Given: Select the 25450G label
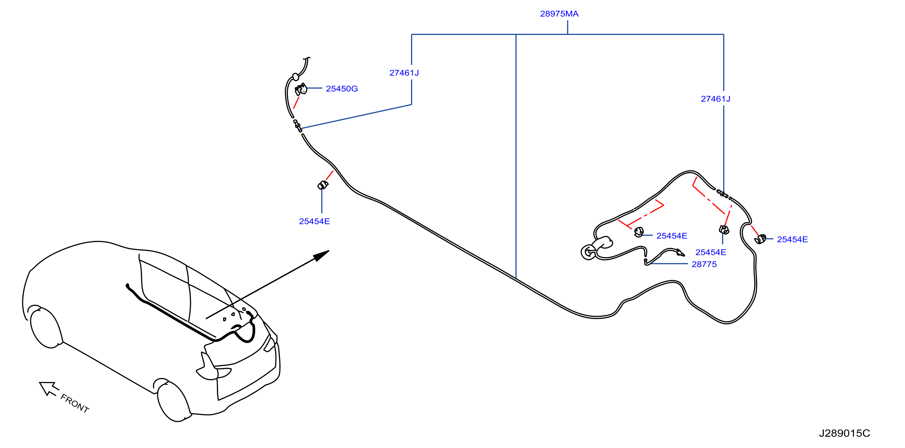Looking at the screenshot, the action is (x=342, y=89).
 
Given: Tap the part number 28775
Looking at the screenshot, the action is (x=704, y=264).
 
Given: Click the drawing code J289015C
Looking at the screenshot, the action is (x=845, y=433).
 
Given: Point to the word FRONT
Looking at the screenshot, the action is (x=75, y=403).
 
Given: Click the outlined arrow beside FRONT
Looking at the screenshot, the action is (x=48, y=388).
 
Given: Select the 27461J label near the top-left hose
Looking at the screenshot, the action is (x=404, y=73).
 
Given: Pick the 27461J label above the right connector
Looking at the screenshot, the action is (x=716, y=99).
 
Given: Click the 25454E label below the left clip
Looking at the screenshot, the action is (x=314, y=222).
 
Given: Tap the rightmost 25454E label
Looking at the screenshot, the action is (x=792, y=239).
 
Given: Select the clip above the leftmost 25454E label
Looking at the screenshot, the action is (x=323, y=185).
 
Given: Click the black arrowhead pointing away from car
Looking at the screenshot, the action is (x=321, y=255).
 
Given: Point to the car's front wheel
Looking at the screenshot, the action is (x=46, y=328).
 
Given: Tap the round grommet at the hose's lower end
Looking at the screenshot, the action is (x=588, y=252).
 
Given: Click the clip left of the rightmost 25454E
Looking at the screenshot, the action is (x=760, y=239).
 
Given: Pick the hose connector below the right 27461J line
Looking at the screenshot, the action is (x=723, y=194).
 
